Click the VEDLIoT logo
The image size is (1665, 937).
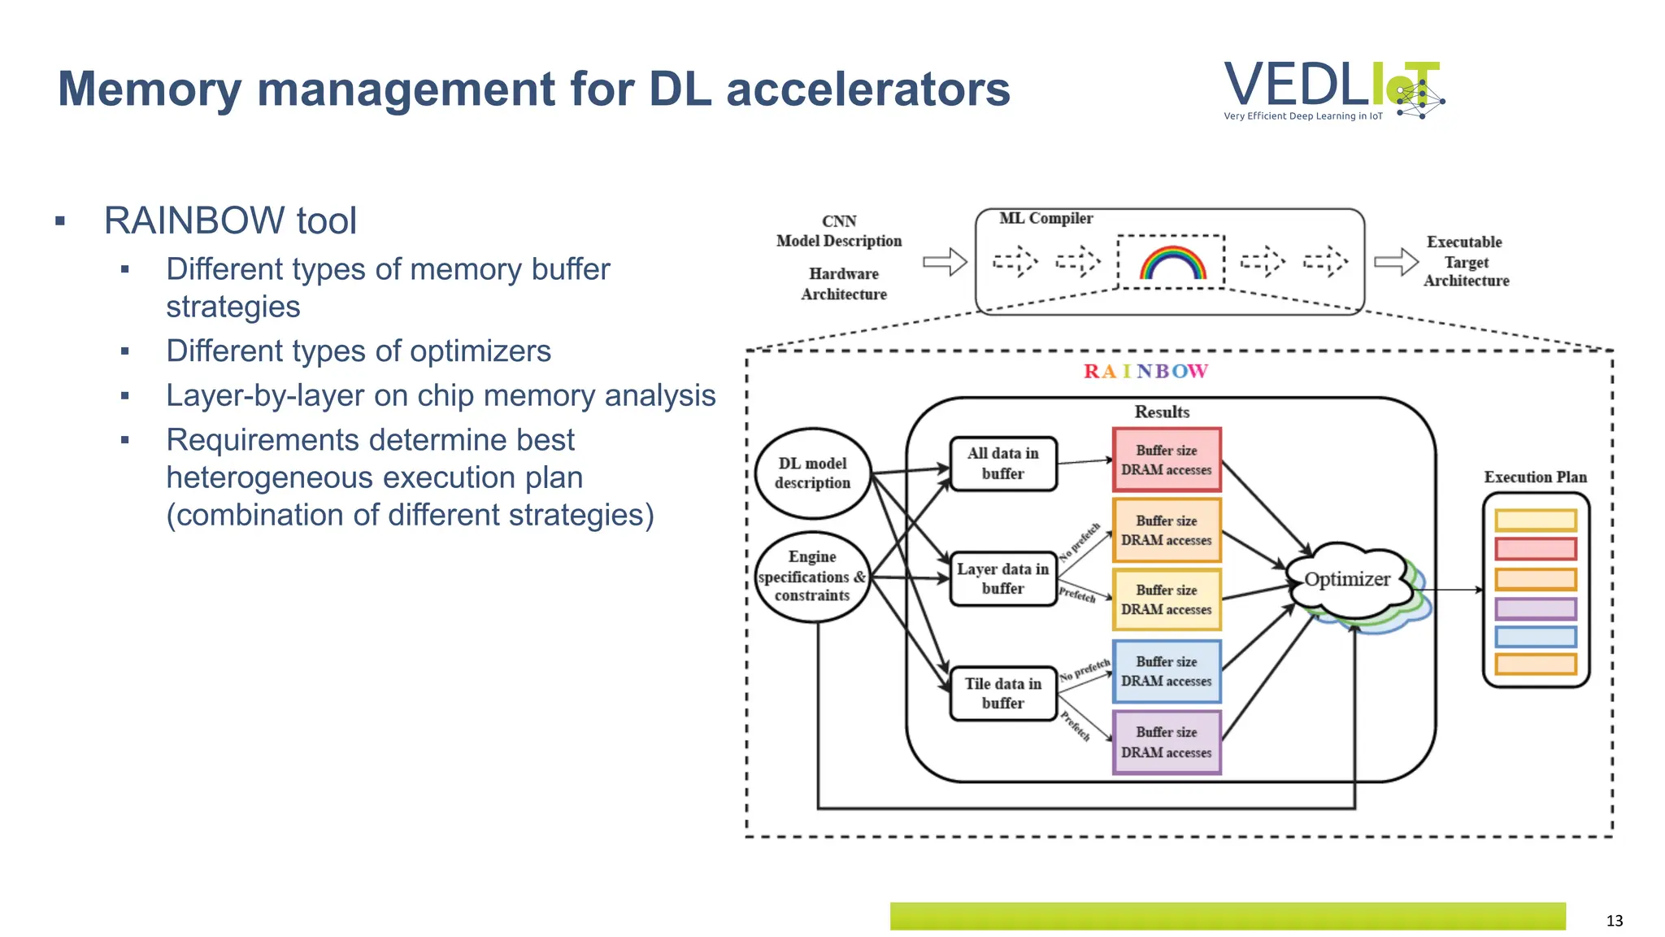1333,90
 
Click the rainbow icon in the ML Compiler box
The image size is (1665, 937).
1172,264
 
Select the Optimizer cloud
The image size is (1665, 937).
1347,580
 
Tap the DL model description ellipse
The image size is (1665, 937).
812,473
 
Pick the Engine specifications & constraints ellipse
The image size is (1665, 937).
812,577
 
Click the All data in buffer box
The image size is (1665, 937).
1002,464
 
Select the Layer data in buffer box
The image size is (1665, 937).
1002,578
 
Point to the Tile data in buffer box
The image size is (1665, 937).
1002,693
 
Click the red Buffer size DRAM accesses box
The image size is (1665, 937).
1166,460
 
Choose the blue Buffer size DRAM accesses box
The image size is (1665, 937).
1166,672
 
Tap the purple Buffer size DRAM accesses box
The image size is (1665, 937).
1166,742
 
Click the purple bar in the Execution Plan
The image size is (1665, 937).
1535,608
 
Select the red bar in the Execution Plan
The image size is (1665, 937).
1535,549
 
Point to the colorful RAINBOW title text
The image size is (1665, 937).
1146,372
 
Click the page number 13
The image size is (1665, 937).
1614,921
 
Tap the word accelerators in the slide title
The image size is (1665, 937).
867,89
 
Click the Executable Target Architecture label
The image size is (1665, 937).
1465,261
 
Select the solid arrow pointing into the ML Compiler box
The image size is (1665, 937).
945,262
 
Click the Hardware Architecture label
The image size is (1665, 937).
844,284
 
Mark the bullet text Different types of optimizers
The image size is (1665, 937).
359,351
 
